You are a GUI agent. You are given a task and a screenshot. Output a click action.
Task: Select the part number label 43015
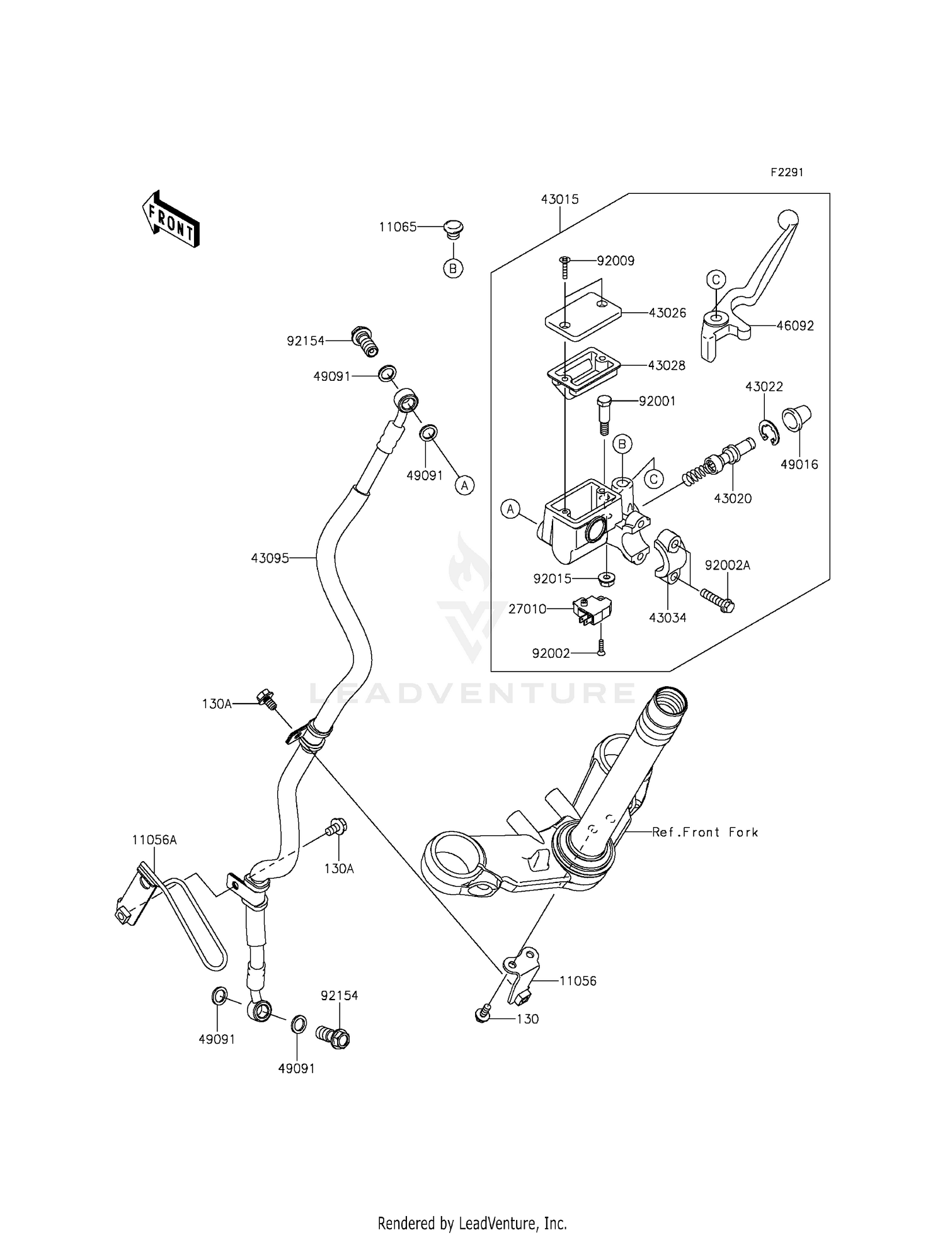pos(559,200)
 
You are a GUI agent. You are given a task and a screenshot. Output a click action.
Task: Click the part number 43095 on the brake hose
pos(270,558)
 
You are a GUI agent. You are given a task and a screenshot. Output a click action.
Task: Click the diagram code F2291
pos(786,172)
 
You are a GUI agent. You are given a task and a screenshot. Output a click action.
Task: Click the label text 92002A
pos(728,565)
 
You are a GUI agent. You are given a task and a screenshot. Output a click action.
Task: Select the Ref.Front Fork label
pos(705,832)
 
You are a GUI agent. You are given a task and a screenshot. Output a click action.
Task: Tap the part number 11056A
pos(154,840)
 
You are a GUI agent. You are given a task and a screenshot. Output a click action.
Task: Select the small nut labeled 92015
pos(606,578)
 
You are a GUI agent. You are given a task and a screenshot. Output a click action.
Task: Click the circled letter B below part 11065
pos(453,269)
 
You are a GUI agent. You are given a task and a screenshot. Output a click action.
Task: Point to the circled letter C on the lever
pos(716,279)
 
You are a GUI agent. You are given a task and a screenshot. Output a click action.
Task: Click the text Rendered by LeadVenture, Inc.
pos(472,1205)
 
